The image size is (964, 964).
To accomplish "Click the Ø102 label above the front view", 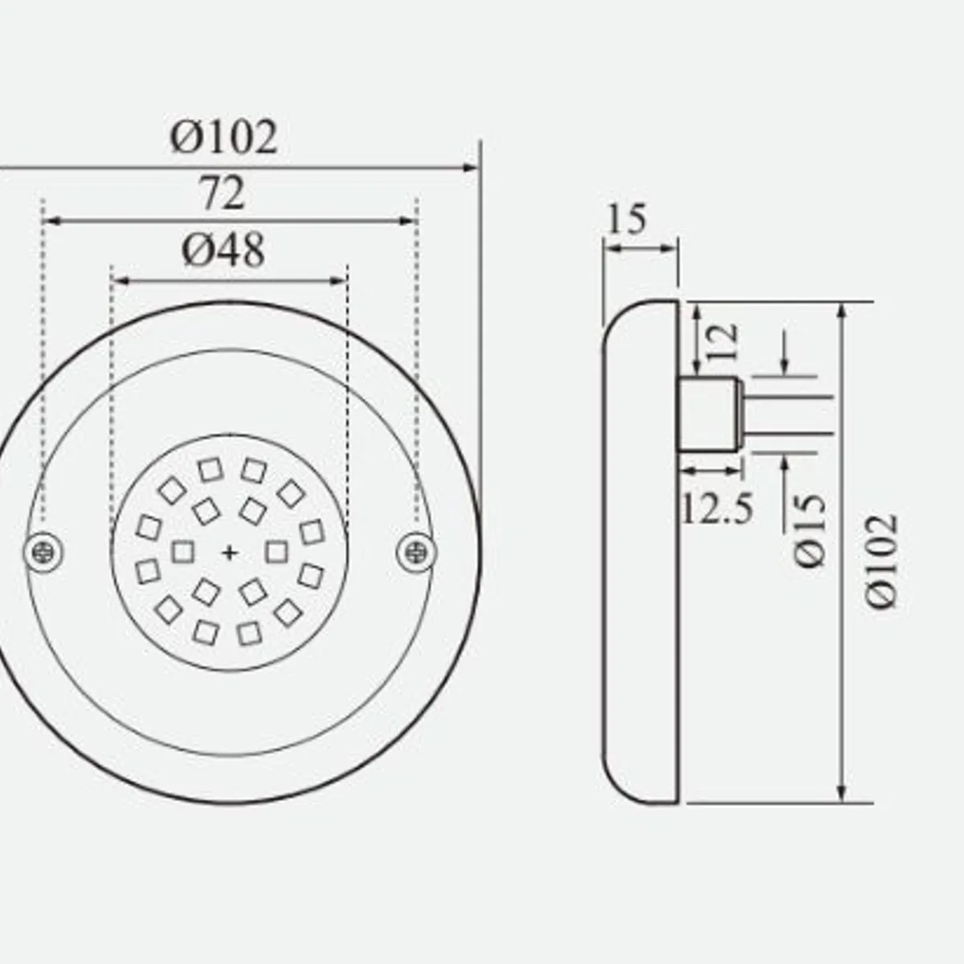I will [223, 137].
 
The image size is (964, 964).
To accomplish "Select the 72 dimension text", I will [221, 194].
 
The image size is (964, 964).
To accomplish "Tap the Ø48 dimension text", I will [223, 251].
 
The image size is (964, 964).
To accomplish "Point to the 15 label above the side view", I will [627, 219].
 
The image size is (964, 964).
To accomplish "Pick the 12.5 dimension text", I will [717, 508].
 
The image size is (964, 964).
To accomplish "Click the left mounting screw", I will [43, 551].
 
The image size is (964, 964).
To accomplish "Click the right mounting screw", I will [417, 551].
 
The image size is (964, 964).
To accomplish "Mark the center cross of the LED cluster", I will [231, 552].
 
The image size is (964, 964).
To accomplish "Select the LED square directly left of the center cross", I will [184, 552].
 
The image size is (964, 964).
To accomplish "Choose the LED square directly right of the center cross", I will [276, 552].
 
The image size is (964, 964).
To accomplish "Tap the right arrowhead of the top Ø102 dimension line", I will [472, 168].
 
